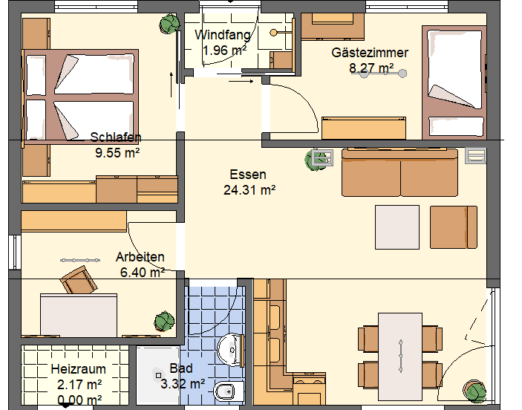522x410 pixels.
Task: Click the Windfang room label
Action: coord(223,35)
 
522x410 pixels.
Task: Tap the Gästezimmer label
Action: coord(370,53)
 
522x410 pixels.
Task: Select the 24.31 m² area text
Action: coord(249,190)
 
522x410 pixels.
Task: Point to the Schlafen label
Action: coord(116,137)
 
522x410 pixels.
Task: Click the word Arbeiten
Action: coord(140,257)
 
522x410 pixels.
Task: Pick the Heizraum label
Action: coord(78,369)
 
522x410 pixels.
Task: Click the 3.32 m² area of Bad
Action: coord(183,384)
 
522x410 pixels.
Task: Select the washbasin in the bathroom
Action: coord(231,351)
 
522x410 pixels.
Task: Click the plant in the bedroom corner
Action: coord(169,24)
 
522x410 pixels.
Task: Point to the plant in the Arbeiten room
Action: coord(164,322)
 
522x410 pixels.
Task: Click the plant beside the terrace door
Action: coord(474,391)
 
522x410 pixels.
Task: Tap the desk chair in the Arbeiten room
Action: coord(79,280)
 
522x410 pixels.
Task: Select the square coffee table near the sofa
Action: coord(397,227)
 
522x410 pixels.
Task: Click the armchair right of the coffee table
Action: coord(454,227)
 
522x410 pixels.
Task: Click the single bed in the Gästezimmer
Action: coord(454,82)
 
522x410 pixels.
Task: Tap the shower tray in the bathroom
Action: coord(158,376)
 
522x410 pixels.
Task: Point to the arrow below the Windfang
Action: coord(241,81)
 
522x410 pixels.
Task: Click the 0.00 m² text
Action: coord(79,400)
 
